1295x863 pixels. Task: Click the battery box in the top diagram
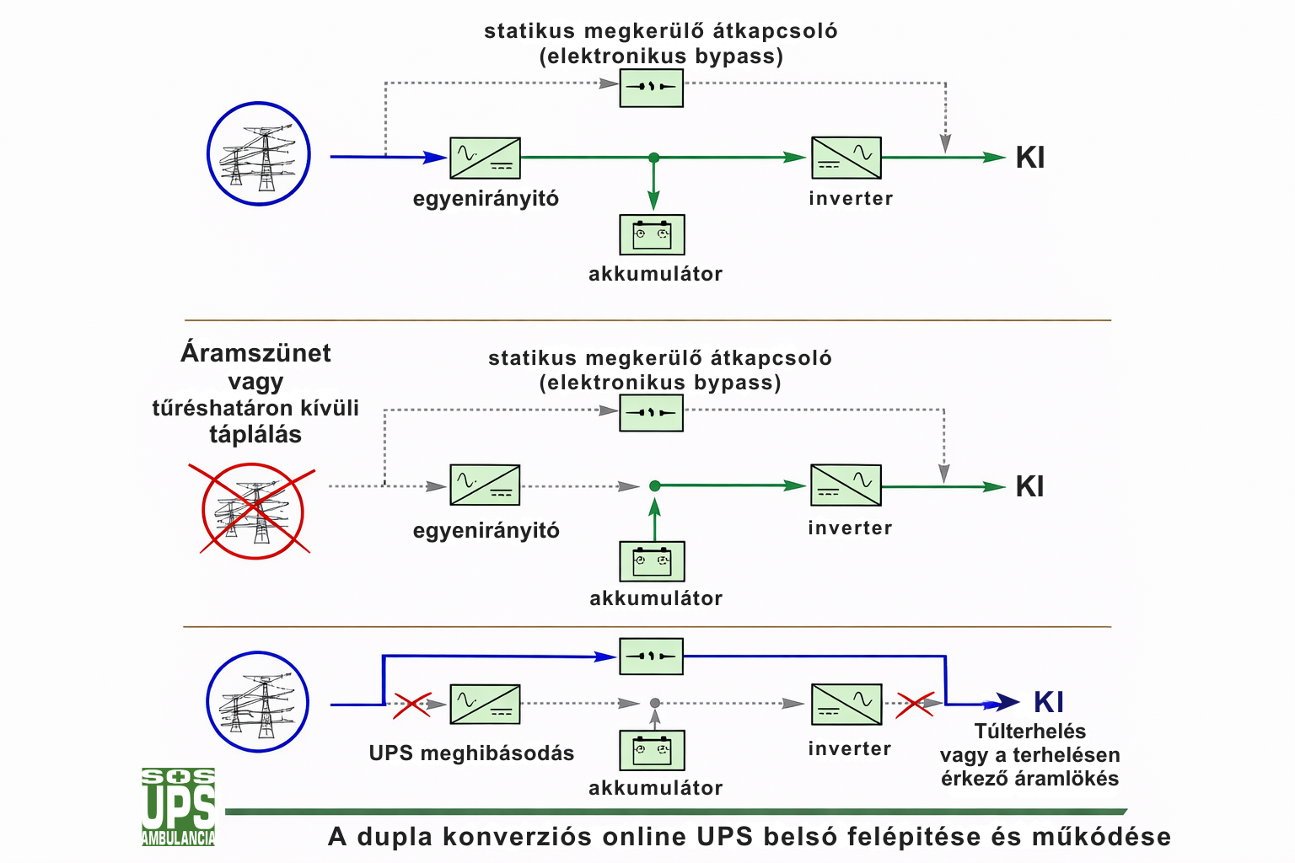point(652,234)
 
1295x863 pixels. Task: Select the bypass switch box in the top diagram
point(651,87)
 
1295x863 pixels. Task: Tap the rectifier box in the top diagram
point(485,158)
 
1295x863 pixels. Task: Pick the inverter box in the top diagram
point(846,158)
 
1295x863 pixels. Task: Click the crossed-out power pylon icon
point(253,511)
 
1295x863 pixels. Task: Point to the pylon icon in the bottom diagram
point(258,701)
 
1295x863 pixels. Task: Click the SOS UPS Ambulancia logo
point(178,807)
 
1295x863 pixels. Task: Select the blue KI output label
point(1048,702)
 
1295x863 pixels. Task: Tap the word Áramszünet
point(255,353)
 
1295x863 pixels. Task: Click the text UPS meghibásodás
point(471,753)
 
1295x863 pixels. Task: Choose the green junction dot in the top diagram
point(653,158)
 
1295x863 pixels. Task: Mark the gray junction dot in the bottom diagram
point(654,703)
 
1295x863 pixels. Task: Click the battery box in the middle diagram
point(652,561)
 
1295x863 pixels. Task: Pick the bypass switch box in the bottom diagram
point(651,657)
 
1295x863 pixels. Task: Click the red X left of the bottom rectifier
point(411,705)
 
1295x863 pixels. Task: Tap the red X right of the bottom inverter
point(914,704)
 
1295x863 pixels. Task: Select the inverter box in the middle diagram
point(846,485)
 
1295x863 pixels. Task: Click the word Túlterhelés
point(1029,732)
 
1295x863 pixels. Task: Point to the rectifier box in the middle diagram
point(485,485)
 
